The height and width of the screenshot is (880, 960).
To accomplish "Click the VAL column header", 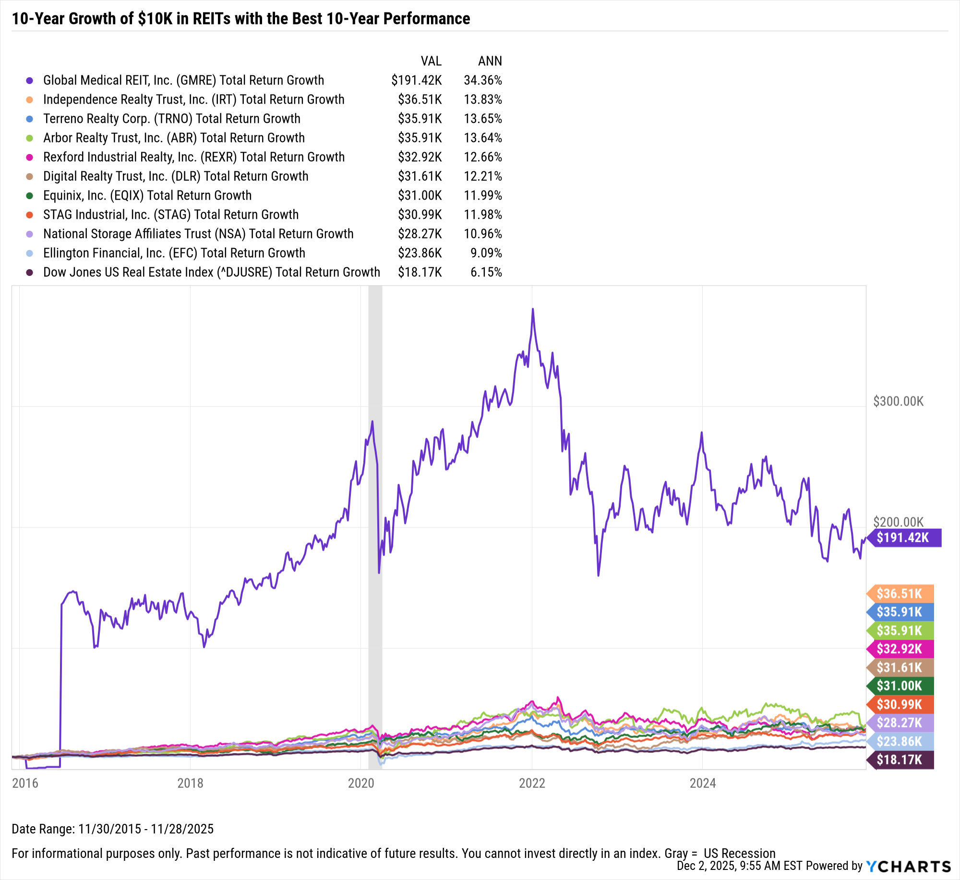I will coord(431,61).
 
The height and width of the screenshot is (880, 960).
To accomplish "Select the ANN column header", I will coord(490,61).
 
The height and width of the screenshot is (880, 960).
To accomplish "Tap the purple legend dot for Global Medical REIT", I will coord(30,81).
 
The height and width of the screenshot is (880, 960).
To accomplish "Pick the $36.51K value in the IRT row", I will coord(420,99).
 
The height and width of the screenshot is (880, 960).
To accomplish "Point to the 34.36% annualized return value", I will coord(482,80).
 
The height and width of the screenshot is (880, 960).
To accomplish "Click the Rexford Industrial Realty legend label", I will coord(194,157).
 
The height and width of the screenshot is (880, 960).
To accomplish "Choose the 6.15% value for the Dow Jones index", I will coord(486,272).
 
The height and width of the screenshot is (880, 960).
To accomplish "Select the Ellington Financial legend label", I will coord(174,253).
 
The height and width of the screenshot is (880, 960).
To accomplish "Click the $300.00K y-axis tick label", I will coord(898,401).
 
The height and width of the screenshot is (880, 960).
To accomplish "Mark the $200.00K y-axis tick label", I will coord(898,522).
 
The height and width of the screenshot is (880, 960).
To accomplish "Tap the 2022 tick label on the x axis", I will coord(532,783).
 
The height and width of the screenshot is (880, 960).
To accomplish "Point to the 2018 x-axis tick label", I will coord(190,783).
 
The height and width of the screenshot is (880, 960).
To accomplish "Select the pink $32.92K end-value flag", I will coord(900,649).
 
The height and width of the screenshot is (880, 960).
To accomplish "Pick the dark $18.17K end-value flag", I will coord(900,760).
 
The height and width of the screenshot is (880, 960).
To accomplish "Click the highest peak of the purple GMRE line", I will coord(532,309).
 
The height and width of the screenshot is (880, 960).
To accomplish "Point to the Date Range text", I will coord(113,829).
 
